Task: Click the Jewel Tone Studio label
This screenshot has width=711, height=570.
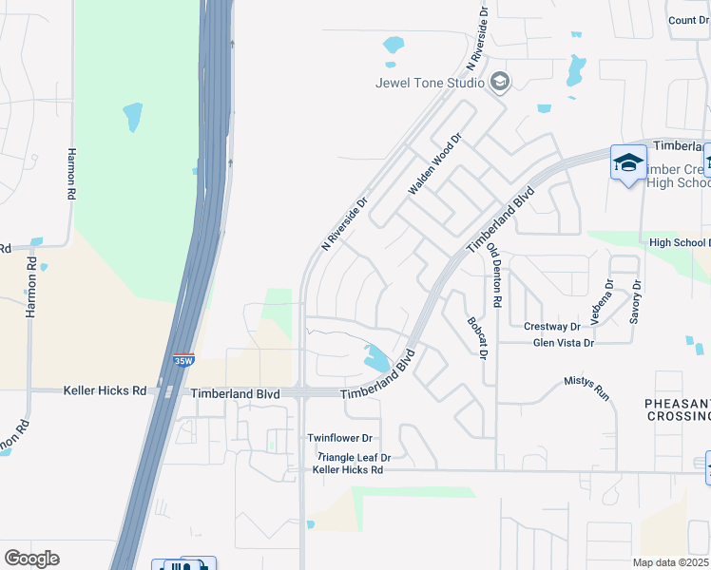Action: (x=430, y=83)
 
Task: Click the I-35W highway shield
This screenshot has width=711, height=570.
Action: (x=183, y=360)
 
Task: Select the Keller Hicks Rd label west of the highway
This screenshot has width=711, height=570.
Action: (x=106, y=390)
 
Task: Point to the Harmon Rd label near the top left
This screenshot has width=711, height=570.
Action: (x=70, y=172)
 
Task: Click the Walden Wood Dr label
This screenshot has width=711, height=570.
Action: (x=434, y=163)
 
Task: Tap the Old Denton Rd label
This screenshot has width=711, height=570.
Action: (x=493, y=274)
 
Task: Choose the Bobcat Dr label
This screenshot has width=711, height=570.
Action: (x=476, y=338)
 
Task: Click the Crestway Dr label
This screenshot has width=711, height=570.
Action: (x=552, y=327)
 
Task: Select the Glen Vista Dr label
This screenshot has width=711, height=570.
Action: (x=563, y=343)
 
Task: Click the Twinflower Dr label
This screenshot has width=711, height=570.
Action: (x=339, y=438)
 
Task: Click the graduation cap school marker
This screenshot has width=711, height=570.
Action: (x=628, y=162)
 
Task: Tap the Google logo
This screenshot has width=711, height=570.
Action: (x=31, y=559)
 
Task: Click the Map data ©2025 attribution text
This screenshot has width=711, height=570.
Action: (x=670, y=562)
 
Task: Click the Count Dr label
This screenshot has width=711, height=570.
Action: (x=687, y=20)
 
